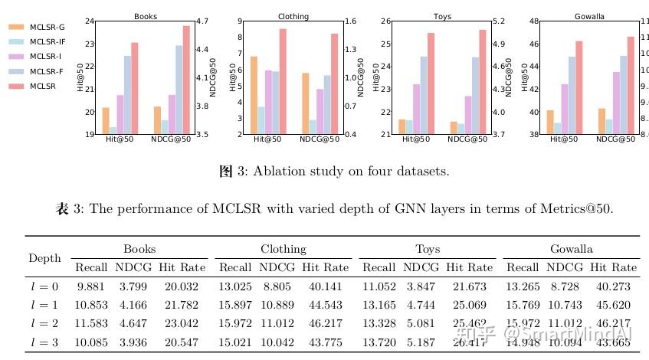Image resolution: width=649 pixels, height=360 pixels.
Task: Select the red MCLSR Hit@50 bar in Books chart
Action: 135,88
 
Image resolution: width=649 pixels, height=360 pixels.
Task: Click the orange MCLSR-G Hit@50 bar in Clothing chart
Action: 254,95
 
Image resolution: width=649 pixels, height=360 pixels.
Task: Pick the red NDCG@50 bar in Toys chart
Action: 460,82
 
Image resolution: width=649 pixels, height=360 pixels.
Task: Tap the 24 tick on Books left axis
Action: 90,21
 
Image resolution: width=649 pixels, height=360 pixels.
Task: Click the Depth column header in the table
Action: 44,258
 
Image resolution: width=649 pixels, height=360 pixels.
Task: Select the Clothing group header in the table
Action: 283,249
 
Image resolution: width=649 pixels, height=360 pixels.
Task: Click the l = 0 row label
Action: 44,286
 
